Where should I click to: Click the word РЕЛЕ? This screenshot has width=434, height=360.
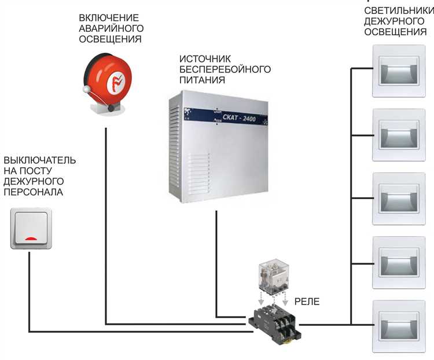(306, 302)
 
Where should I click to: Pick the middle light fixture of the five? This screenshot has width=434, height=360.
(398, 199)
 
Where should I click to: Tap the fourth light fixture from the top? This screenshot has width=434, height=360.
(398, 262)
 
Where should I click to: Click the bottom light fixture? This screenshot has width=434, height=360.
(398, 326)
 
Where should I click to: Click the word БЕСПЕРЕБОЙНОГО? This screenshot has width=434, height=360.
(226, 69)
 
